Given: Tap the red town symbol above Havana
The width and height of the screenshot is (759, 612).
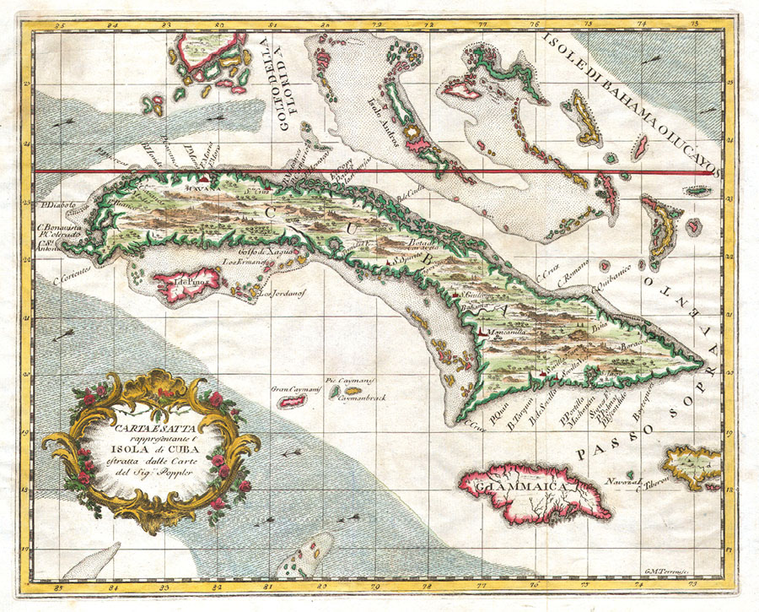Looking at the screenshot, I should [205, 178].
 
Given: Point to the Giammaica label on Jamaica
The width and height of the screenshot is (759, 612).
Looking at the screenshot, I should [506, 487].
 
